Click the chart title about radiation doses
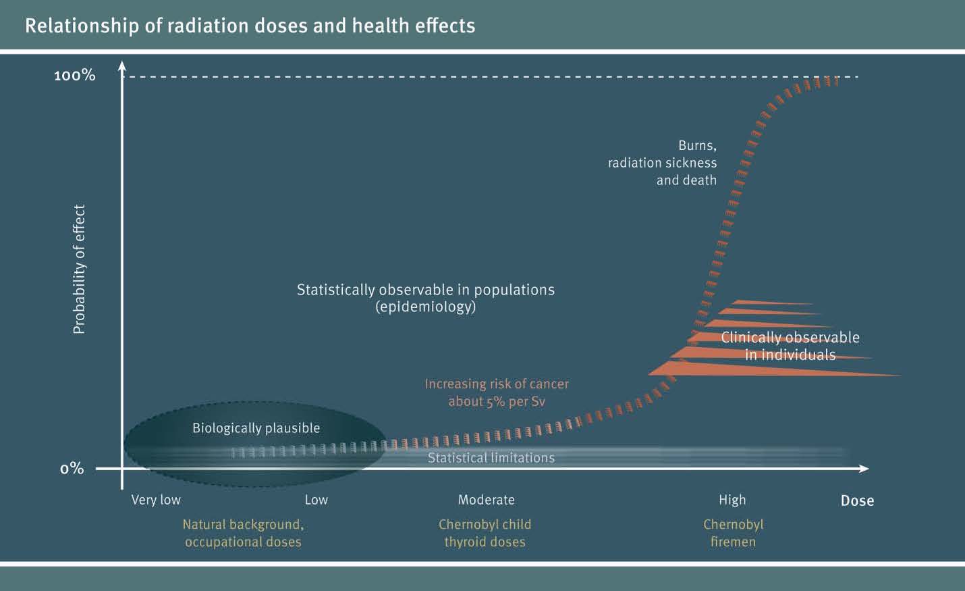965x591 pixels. (x=250, y=26)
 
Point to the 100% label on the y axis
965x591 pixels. (x=74, y=76)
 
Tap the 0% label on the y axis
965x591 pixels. (x=72, y=468)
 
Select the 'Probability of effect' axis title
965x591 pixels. (x=79, y=269)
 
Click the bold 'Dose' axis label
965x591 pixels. (x=857, y=500)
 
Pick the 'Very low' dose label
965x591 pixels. (x=156, y=500)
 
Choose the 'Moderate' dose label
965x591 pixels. (x=486, y=500)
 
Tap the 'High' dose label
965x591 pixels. (x=732, y=500)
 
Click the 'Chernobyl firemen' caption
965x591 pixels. (x=734, y=533)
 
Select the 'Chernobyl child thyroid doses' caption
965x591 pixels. (x=485, y=533)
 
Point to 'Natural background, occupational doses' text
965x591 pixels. (x=244, y=533)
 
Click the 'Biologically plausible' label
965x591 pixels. (x=256, y=428)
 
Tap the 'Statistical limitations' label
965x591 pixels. (x=491, y=457)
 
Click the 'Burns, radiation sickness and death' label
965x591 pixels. (x=663, y=163)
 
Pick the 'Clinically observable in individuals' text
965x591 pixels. (x=790, y=346)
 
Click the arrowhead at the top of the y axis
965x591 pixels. (x=122, y=65)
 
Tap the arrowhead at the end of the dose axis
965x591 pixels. (x=864, y=469)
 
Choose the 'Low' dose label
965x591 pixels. (x=316, y=500)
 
